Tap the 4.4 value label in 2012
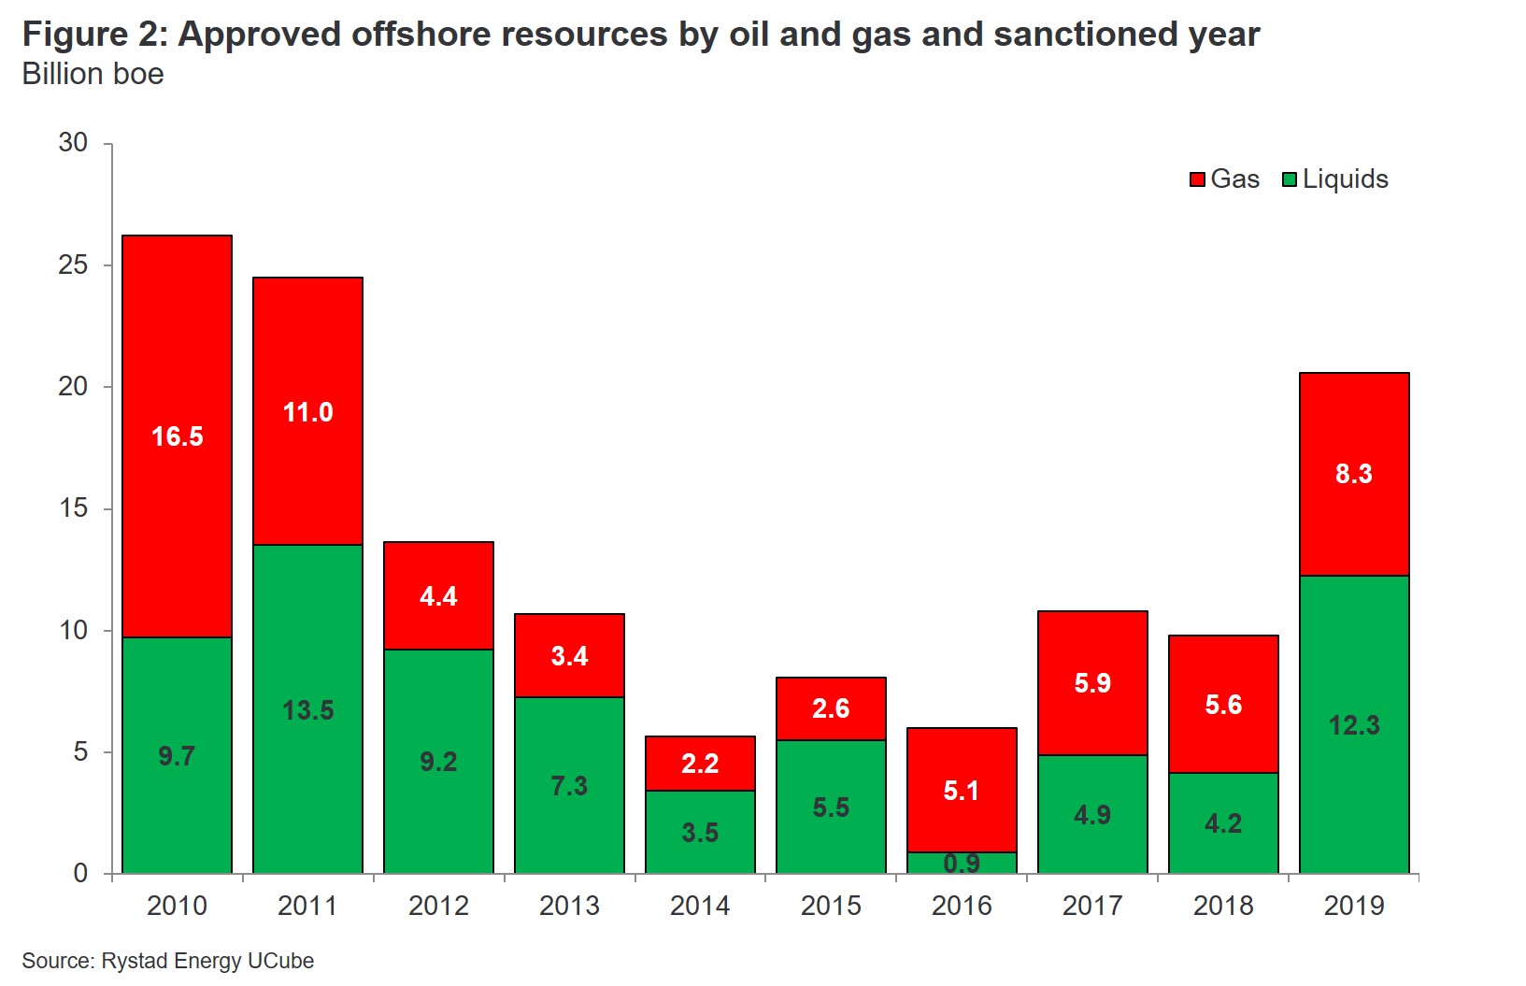[x=438, y=596]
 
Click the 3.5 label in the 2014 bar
[x=700, y=832]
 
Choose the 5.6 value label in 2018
[x=1223, y=705]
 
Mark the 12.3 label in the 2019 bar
[x=1354, y=725]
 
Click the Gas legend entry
[x=1224, y=179]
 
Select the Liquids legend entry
[x=1335, y=179]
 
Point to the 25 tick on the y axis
[x=73, y=265]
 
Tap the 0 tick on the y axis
[x=80, y=874]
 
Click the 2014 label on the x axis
[x=700, y=906]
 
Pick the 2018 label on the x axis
[x=1223, y=906]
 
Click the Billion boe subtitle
[x=93, y=74]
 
